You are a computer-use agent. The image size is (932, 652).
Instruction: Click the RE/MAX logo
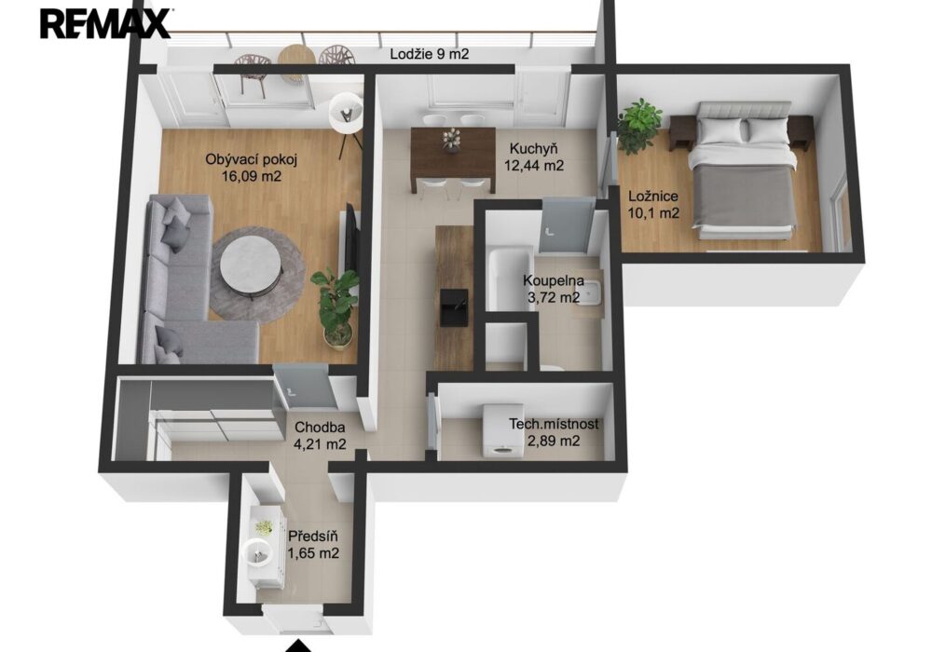coord(104,23)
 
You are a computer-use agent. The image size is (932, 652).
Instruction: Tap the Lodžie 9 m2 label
coord(429,54)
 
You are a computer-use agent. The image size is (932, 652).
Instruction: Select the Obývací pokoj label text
coord(251,159)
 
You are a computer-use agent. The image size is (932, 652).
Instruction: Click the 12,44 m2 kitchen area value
coord(534,165)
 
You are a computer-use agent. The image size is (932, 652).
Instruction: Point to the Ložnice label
coord(653,196)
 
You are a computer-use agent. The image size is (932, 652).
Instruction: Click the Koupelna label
coord(553,281)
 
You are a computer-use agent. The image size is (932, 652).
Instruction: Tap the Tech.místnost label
coord(554,425)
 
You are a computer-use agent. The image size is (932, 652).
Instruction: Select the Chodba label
coord(320,427)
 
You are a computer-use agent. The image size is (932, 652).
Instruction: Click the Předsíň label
coord(312,537)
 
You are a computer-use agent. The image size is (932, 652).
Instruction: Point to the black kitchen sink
coord(453,307)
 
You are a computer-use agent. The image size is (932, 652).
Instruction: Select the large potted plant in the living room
coord(336,308)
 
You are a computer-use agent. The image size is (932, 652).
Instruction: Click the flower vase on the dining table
coord(451,140)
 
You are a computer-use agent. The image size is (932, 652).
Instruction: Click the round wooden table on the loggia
coord(296,57)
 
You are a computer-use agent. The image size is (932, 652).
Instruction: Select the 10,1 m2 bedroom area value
coord(653,212)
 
